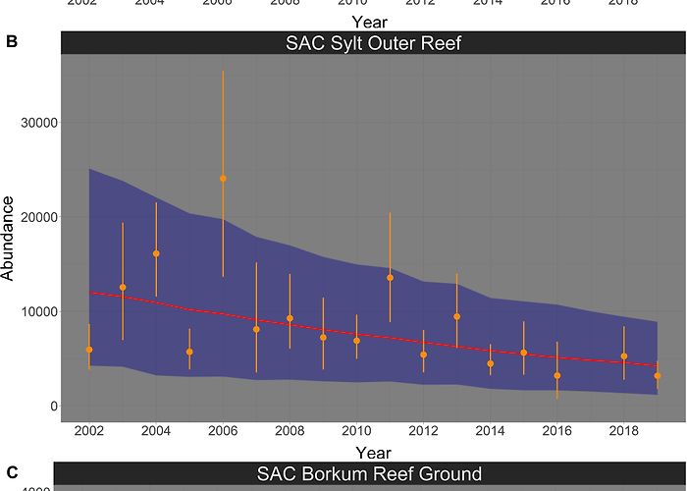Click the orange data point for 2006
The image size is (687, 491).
pyautogui.click(x=223, y=179)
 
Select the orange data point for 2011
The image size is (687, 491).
pyautogui.click(x=390, y=278)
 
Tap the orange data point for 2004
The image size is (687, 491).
pyautogui.click(x=156, y=253)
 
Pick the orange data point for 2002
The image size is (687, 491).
pyautogui.click(x=89, y=350)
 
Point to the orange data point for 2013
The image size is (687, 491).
pyautogui.click(x=456, y=316)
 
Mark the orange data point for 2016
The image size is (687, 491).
pyautogui.click(x=556, y=375)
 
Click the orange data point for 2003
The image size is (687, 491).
pyautogui.click(x=123, y=287)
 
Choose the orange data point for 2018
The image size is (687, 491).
pyautogui.click(x=623, y=356)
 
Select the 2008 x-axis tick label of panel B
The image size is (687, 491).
pyautogui.click(x=290, y=431)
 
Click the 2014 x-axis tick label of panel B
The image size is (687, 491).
pyautogui.click(x=490, y=431)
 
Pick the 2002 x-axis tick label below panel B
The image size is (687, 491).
pyautogui.click(x=89, y=431)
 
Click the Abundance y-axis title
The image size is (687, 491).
pyautogui.click(x=9, y=239)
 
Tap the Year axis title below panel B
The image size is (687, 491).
pyautogui.click(x=373, y=452)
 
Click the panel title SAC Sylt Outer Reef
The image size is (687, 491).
pyautogui.click(x=373, y=43)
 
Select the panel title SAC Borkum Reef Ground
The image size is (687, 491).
pyautogui.click(x=369, y=474)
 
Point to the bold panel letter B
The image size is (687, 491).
pyautogui.click(x=12, y=43)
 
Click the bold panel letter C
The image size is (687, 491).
pyautogui.click(x=12, y=474)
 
